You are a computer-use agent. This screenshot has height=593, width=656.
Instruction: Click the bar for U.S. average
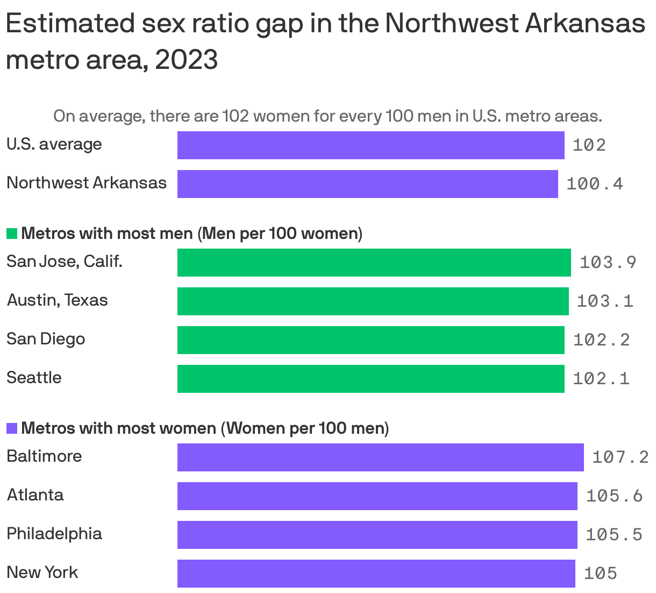click(370, 145)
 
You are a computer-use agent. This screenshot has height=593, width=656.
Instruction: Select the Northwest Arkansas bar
click(367, 183)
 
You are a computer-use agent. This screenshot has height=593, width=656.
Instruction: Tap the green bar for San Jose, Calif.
click(374, 262)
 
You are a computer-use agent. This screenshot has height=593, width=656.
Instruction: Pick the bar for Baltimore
click(380, 457)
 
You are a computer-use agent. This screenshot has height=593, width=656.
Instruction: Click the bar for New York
click(376, 573)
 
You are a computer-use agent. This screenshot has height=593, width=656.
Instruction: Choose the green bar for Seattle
click(370, 378)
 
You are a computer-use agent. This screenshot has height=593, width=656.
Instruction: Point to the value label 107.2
click(620, 457)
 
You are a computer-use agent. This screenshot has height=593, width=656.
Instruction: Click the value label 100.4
click(595, 184)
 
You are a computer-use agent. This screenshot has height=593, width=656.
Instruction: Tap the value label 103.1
click(605, 301)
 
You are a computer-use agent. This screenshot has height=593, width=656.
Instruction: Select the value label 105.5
click(614, 534)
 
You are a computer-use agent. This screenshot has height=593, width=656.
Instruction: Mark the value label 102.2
click(601, 340)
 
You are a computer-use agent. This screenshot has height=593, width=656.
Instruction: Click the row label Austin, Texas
click(57, 300)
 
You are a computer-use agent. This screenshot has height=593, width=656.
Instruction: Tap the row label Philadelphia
click(54, 533)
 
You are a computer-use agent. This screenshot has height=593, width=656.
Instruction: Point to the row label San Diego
click(46, 338)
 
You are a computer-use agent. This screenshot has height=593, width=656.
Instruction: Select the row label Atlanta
click(35, 495)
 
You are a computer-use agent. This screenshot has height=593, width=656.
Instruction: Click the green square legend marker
click(12, 234)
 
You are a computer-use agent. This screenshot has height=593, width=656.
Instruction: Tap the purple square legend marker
click(12, 428)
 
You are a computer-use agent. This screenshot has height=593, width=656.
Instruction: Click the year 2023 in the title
click(186, 60)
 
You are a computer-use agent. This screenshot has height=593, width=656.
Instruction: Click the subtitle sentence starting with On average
click(327, 116)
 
